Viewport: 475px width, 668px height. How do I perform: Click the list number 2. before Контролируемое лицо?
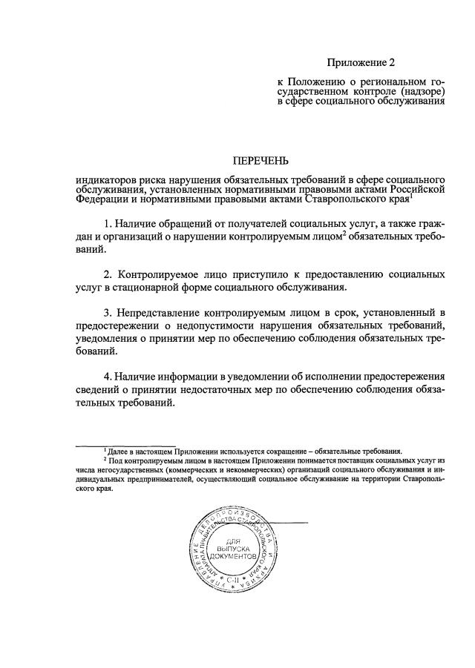pos(108,274)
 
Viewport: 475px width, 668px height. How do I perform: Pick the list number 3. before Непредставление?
pos(108,311)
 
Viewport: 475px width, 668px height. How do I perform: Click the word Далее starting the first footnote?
pos(118,450)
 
